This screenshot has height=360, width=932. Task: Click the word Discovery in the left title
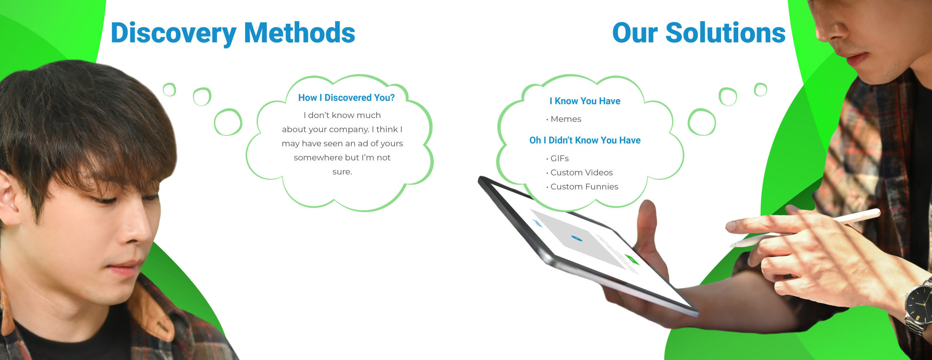[x=173, y=33]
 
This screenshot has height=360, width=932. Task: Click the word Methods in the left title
[x=300, y=33]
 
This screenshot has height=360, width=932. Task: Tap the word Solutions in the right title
[x=726, y=33]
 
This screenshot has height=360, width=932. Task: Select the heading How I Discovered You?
[x=346, y=98]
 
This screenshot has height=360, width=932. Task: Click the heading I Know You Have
[x=585, y=101]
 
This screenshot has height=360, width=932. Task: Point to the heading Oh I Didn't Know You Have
[x=585, y=140]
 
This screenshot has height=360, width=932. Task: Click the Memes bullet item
[x=564, y=119]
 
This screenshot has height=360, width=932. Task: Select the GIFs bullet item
[x=557, y=158]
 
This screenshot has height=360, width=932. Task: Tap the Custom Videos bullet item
[x=580, y=173]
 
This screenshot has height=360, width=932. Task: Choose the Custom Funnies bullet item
[x=582, y=187]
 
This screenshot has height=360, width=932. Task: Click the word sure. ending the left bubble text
[x=342, y=172]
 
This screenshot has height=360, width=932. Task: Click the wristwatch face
[x=919, y=304]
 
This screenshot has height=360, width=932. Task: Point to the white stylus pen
[x=805, y=228]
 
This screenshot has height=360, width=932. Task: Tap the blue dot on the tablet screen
[x=576, y=238]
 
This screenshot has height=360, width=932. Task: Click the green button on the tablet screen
[x=632, y=260]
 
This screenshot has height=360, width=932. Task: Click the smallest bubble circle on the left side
[x=169, y=90]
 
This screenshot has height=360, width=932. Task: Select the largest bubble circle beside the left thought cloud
[x=228, y=122]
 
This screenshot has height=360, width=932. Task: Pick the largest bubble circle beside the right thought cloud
[x=702, y=122]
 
